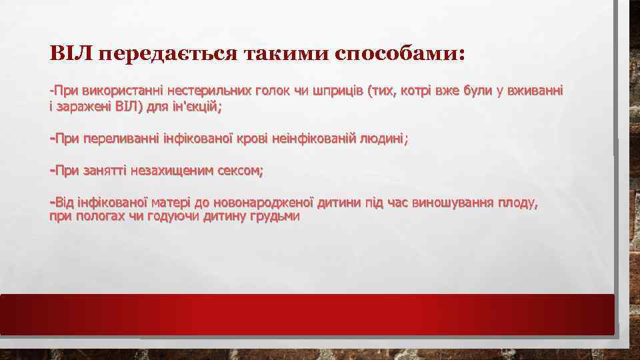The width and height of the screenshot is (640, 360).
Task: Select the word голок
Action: (x=272, y=90)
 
